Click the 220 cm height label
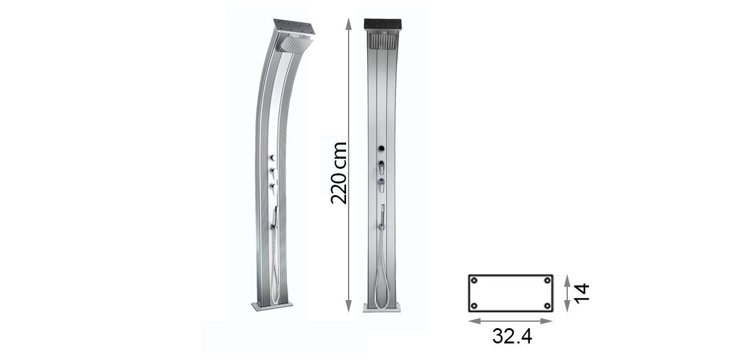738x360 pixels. click(x=339, y=173)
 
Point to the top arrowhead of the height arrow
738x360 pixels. click(x=348, y=24)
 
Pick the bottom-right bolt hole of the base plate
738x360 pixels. click(x=547, y=306)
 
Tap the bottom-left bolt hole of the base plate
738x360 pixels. click(x=474, y=306)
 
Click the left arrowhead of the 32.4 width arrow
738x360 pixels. click(x=472, y=321)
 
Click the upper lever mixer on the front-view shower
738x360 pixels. click(x=381, y=167)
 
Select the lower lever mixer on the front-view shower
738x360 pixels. click(x=381, y=185)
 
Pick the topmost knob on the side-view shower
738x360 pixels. click(x=272, y=157)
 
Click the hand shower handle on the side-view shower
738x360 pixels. click(x=275, y=217)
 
